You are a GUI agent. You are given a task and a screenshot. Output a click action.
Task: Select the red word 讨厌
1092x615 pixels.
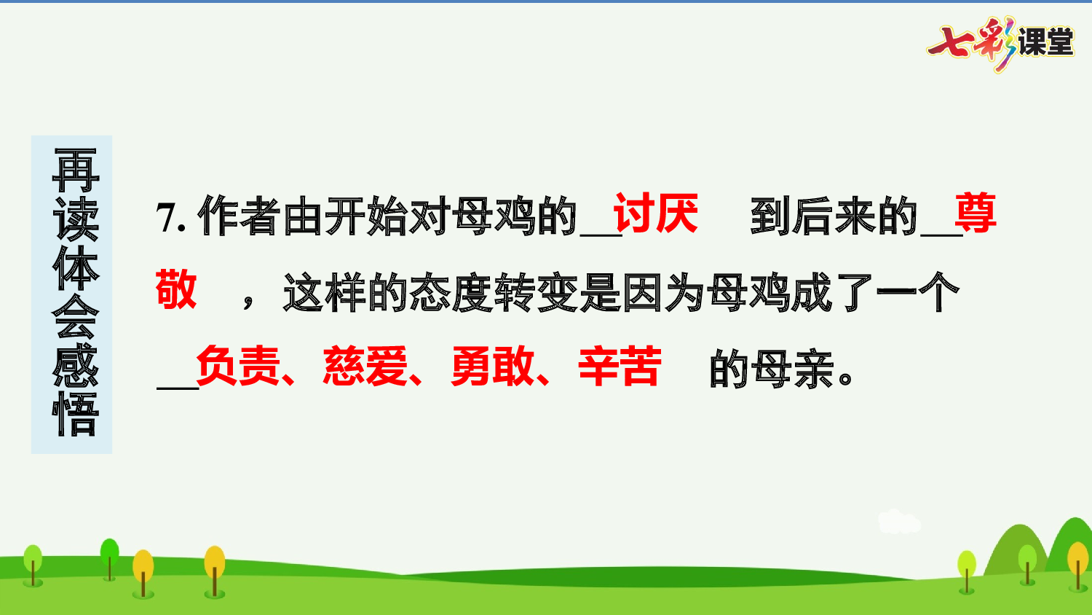click(x=655, y=214)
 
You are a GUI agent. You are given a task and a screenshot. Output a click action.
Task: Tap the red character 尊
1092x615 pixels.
click(x=975, y=214)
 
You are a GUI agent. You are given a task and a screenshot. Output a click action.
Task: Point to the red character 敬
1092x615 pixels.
click(x=176, y=289)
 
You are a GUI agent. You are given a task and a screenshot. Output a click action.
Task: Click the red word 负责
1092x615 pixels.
click(x=238, y=366)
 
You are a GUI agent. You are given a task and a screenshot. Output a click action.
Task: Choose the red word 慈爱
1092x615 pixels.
click(x=365, y=366)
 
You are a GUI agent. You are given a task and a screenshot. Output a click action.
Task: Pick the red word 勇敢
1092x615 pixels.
click(x=493, y=366)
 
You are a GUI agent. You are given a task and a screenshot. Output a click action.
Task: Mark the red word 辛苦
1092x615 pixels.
click(x=620, y=366)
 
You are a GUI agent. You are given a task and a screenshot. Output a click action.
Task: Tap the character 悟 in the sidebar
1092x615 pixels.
click(x=75, y=414)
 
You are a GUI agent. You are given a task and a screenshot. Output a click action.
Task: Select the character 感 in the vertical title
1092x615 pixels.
click(x=75, y=365)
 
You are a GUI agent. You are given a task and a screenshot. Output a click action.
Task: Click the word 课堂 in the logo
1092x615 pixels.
click(x=1045, y=42)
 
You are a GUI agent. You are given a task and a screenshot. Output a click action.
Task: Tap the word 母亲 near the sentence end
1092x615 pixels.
click(x=793, y=369)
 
